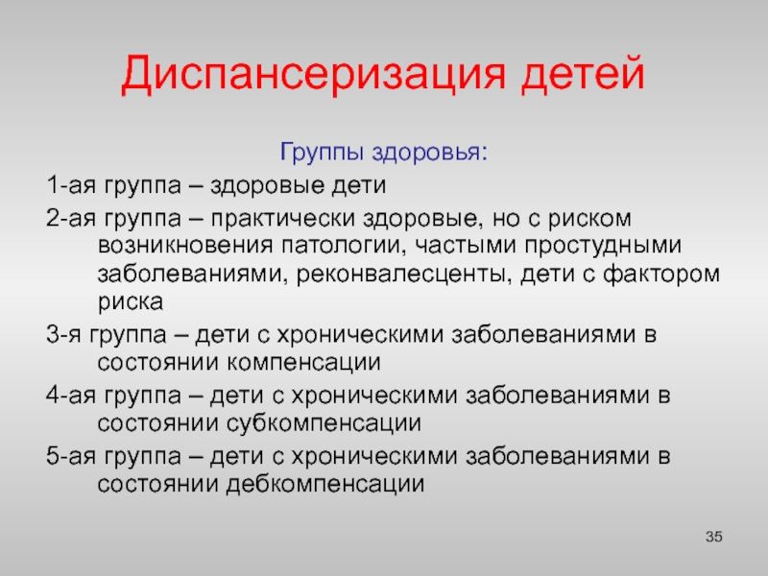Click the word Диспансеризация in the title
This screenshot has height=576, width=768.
coord(314,75)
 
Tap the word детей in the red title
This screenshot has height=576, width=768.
coord(583,74)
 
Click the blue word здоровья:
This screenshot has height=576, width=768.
coord(430,153)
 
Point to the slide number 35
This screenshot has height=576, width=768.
coord(714,537)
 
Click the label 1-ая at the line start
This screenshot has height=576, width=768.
coord(71,185)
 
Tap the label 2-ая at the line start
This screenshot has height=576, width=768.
coord(71,218)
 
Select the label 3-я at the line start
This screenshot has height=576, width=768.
coord(63,335)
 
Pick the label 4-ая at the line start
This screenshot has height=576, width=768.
coord(71,396)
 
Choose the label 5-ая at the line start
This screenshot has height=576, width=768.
coord(71,456)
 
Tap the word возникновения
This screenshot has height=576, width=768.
coord(185,246)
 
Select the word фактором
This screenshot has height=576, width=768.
coord(661,274)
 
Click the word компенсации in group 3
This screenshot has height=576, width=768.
coord(303,364)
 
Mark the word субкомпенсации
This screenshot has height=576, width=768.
coord(324,423)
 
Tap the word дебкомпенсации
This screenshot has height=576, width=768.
coord(325,485)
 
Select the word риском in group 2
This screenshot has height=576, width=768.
coord(589,220)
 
